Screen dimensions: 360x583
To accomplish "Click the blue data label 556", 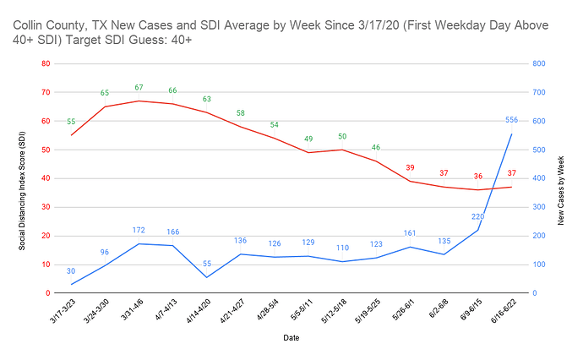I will (511, 120).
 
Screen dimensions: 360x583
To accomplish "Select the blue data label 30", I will (71, 271).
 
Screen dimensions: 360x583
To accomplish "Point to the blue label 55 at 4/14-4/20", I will (206, 265).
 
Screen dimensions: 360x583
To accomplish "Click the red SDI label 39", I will (410, 168).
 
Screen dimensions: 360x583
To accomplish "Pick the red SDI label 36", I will (477, 177).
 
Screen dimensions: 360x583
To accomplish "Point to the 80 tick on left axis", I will (45, 63).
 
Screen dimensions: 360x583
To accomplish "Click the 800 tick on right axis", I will (537, 63).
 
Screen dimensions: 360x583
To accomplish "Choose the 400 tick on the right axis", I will (537, 178).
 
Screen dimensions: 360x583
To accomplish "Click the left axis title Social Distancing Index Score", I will (23, 178).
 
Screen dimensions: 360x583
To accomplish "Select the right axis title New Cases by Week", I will (561, 178).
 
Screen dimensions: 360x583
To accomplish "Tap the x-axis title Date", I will (291, 337).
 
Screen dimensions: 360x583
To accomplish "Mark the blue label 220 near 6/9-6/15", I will (477, 217).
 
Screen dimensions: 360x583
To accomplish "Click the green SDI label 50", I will (342, 137).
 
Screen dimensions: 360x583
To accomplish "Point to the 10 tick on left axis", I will (45, 265).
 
